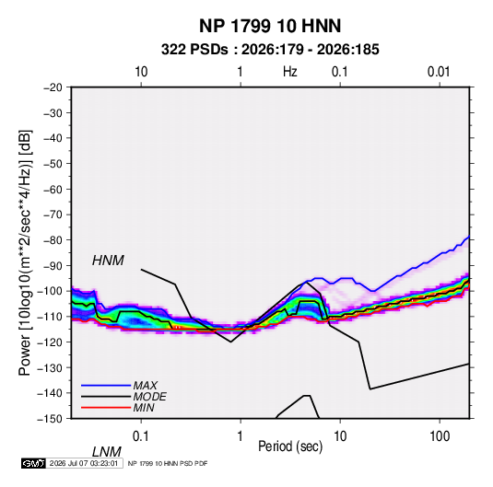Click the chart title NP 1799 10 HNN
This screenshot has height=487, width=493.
(x=270, y=26)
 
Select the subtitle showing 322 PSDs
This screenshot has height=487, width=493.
(x=270, y=50)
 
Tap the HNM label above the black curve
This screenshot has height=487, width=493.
(x=108, y=261)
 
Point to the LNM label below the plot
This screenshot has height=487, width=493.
(x=106, y=452)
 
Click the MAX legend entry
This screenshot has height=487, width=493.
(x=145, y=385)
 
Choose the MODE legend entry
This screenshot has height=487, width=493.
(x=149, y=397)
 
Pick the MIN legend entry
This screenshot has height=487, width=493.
(x=144, y=408)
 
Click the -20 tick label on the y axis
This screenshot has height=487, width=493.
(x=53, y=87)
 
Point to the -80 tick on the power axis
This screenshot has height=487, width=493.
(x=53, y=240)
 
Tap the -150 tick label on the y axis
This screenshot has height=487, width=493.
(x=50, y=419)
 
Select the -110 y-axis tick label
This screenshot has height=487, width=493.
(x=50, y=317)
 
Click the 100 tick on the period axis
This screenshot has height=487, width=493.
(x=440, y=436)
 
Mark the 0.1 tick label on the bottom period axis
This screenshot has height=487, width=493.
(x=141, y=436)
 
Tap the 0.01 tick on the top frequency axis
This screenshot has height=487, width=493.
(x=439, y=72)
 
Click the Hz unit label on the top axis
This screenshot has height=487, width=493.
(x=290, y=72)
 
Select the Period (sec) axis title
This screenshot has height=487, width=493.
(x=290, y=446)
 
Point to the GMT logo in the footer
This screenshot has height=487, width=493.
(x=34, y=463)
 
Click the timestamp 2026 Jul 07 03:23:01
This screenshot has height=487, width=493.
(x=84, y=463)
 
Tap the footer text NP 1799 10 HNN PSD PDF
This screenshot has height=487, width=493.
(x=168, y=463)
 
